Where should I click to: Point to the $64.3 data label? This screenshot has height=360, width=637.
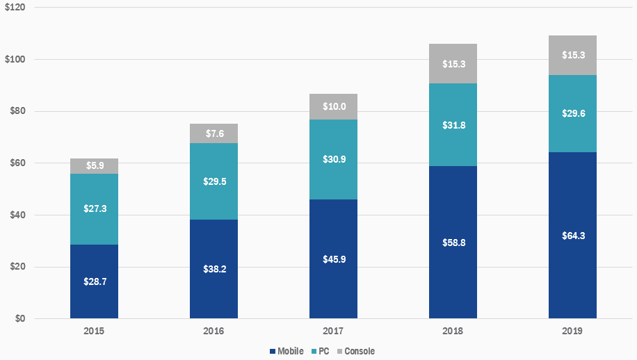(572, 236)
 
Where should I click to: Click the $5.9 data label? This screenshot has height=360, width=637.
(94, 166)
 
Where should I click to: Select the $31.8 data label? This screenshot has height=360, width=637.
(453, 126)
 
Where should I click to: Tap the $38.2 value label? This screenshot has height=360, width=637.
(213, 269)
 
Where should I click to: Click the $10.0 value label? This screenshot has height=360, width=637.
(333, 107)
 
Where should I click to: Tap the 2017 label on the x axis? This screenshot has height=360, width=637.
(333, 332)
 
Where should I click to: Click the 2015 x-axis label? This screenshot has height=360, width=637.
(94, 332)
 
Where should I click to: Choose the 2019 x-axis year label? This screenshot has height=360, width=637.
(572, 332)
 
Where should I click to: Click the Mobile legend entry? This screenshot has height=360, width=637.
(286, 352)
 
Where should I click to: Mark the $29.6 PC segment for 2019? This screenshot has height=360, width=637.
(572, 113)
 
